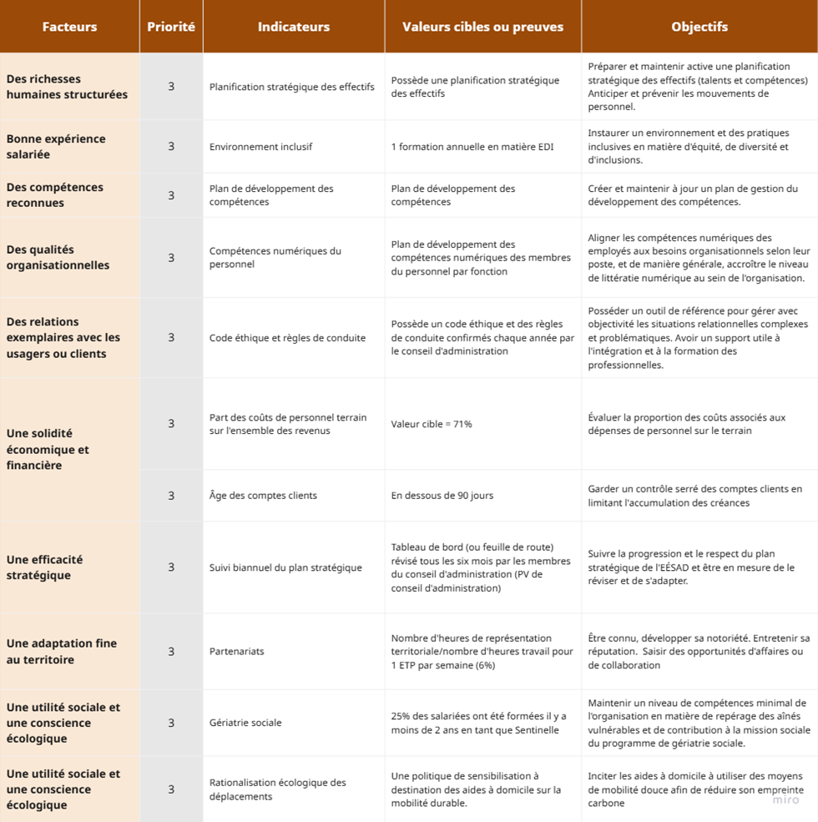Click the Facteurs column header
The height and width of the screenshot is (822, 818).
69,27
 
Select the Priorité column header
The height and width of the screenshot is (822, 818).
171,27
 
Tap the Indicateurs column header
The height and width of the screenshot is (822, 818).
293,27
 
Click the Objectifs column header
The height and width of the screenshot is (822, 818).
699,27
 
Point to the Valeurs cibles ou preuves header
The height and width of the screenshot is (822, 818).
482,27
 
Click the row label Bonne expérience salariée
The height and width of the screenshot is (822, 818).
56,146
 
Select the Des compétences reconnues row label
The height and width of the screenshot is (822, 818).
55,194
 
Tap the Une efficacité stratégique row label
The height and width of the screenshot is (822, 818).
45,567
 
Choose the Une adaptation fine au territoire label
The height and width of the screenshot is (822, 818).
62,651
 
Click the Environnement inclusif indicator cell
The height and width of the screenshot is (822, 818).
260,146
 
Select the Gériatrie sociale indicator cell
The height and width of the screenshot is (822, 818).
245,723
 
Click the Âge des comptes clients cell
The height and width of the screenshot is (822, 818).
263,495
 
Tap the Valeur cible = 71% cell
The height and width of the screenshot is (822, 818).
432,424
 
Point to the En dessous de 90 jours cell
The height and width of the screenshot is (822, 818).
442,495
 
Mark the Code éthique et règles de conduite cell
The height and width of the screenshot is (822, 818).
287,337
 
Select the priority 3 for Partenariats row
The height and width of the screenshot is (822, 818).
171,651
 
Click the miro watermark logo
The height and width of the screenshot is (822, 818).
785,799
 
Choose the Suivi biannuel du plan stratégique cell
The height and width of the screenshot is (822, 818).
285,567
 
